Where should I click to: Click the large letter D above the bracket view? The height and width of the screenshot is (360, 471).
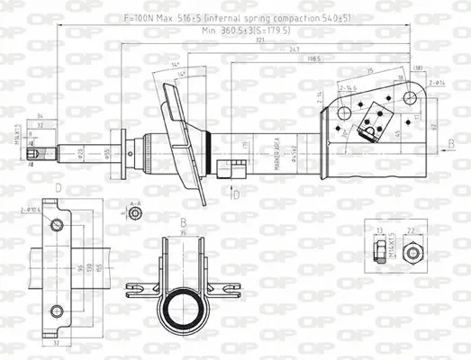coord(58,188)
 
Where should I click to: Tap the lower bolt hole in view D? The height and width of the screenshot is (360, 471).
coord(59,311)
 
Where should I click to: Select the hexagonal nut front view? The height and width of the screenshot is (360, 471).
coord(412,253)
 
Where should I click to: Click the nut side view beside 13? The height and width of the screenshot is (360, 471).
coord(379,253)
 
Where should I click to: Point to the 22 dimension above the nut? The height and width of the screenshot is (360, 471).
coord(412,231)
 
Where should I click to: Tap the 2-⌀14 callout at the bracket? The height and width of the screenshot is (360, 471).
coord(437,81)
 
